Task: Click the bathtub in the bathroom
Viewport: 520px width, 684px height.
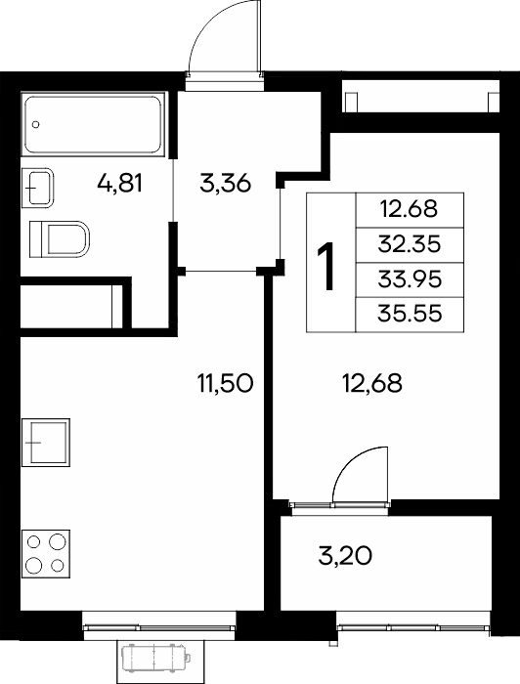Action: pos(94,124)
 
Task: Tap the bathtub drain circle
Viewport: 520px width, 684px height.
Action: pos(36,124)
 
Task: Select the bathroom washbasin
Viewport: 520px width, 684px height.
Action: pos(38,188)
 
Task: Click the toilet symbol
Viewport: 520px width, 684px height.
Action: pos(60,239)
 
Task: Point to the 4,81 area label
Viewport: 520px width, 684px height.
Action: pos(120,183)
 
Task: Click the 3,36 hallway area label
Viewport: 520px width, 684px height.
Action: pos(225,183)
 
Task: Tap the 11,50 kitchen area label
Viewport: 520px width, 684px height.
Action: pos(225,383)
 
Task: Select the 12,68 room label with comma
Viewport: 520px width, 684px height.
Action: pos(372,383)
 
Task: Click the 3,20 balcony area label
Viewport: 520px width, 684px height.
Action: pos(345,556)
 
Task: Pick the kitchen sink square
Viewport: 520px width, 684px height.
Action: pos(46,443)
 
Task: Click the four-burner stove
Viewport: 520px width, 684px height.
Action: pos(46,554)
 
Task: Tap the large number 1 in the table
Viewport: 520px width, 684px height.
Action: pos(326,266)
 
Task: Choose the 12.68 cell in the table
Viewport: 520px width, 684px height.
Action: pos(410,209)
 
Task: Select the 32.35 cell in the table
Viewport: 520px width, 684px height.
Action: pos(410,244)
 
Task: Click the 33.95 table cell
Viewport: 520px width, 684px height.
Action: pos(410,279)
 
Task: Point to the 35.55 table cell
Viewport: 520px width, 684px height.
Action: pos(410,315)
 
